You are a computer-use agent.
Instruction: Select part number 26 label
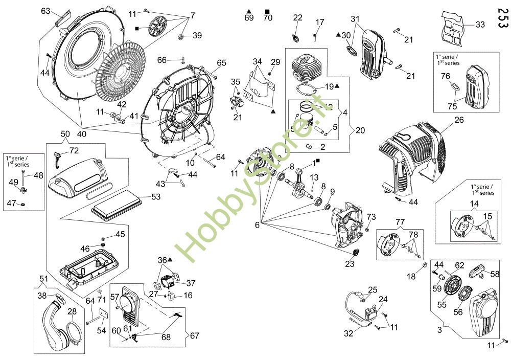[459, 120]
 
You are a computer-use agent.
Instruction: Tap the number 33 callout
[480, 25]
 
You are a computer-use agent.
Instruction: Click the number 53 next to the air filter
[156, 197]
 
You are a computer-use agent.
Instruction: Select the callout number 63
[45, 11]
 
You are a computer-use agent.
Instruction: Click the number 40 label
[82, 134]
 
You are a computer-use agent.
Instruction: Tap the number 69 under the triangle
[249, 17]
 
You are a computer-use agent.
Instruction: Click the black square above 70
[268, 11]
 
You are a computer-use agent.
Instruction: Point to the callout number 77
[400, 222]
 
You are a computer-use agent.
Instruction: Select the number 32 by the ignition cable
[349, 333]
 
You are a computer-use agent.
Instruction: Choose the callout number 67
[195, 335]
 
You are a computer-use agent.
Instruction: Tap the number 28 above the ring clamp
[72, 311]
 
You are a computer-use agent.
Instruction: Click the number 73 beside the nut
[371, 217]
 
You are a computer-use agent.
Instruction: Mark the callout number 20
[360, 130]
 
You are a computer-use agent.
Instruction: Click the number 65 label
[222, 62]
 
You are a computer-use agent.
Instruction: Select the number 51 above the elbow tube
[43, 279]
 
